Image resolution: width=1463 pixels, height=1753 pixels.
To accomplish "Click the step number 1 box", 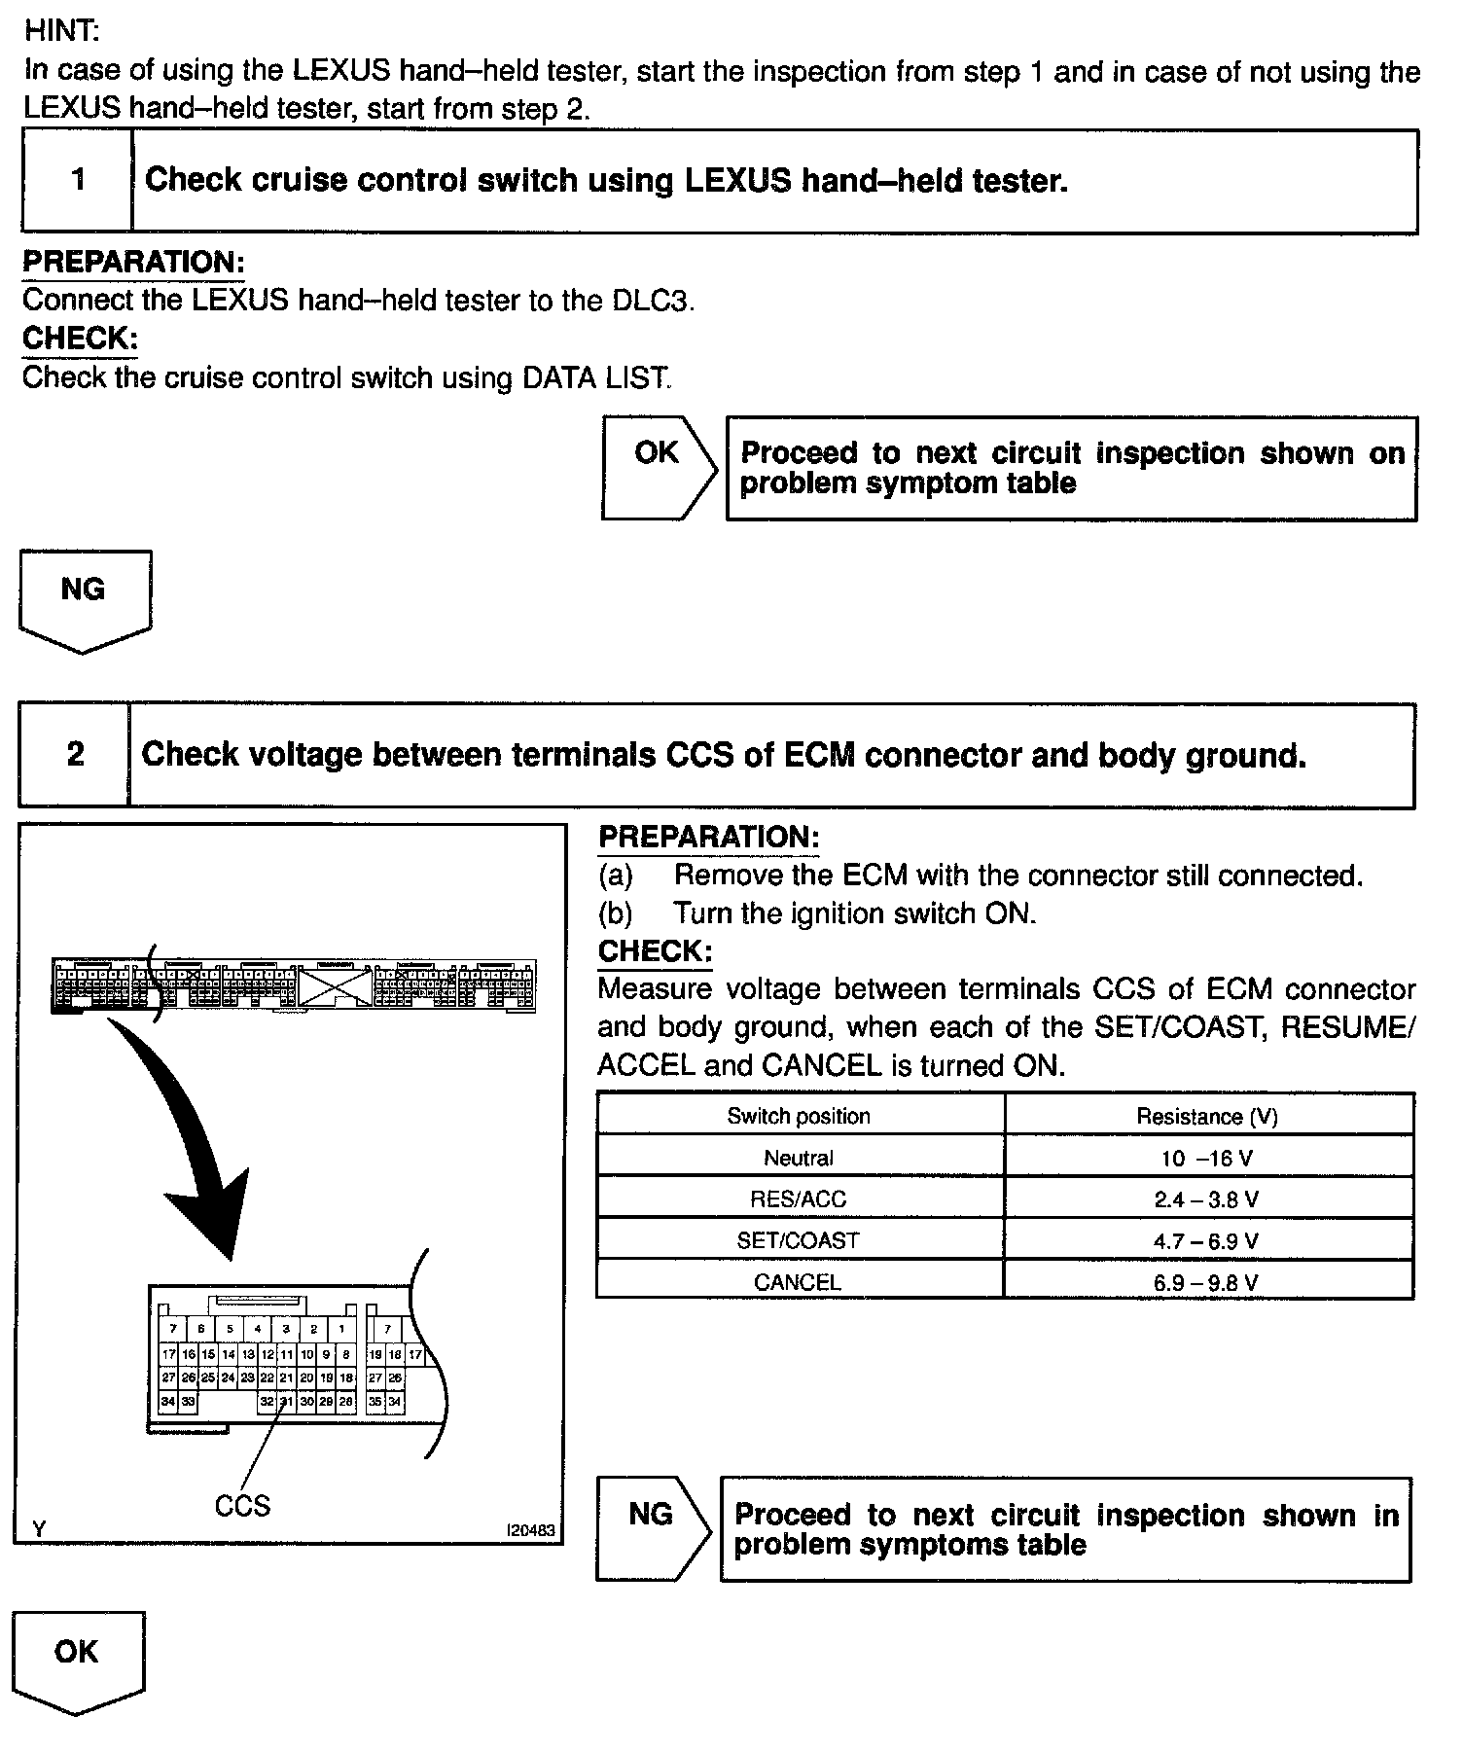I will pos(78,181).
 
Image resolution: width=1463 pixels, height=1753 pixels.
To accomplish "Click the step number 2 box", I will pos(75,755).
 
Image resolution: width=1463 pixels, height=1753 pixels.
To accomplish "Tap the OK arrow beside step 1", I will pos(659,468).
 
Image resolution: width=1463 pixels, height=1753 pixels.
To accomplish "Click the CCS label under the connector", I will pos(242,1506).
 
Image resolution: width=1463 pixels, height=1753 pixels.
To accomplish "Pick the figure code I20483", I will pos(530,1530).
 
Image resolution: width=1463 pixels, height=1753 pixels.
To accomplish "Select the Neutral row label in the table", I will pos(799,1158).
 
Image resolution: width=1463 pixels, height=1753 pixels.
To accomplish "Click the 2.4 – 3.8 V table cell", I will pos(1206,1199).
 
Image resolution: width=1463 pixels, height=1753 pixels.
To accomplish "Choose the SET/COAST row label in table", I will pos(799,1240).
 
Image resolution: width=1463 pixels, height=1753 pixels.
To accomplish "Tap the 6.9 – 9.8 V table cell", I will pos(1206,1282).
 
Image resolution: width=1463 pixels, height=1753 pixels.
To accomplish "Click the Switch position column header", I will pos(799,1116).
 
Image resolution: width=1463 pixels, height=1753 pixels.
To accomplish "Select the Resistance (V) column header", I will pos(1206,1116).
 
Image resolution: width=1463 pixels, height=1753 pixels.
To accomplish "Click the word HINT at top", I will pos(61,30).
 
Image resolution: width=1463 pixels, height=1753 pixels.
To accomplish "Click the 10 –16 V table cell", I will pos(1206,1158).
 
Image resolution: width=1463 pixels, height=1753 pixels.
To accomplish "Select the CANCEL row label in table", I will pos(798,1282).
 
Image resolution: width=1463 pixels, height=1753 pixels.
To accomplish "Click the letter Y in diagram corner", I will pos(39,1529).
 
